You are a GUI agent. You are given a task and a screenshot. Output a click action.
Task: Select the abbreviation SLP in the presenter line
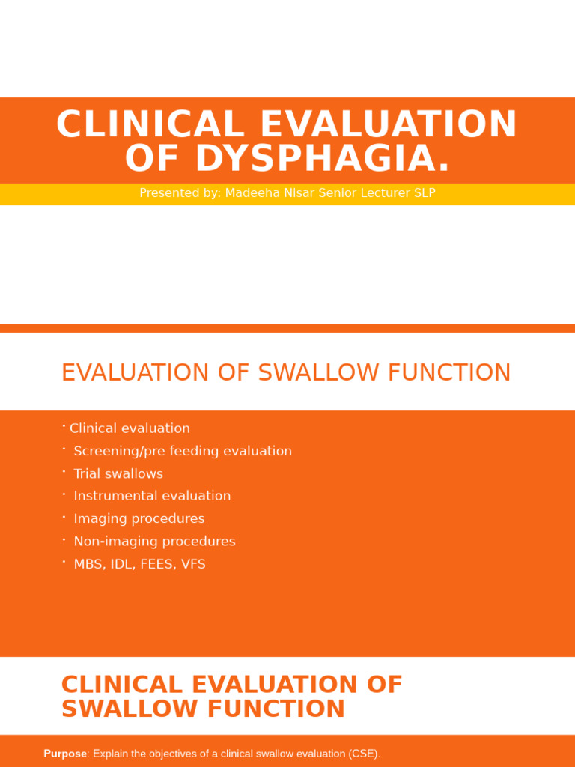click(x=423, y=193)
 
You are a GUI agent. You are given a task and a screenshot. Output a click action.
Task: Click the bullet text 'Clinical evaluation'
click(x=130, y=428)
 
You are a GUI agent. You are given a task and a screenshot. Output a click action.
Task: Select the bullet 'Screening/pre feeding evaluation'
click(x=183, y=451)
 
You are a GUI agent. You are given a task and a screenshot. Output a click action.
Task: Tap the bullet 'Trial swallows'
click(x=118, y=473)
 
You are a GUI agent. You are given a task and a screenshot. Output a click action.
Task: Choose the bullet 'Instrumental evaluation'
click(x=152, y=496)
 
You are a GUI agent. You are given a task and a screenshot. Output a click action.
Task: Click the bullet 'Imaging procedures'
click(x=139, y=518)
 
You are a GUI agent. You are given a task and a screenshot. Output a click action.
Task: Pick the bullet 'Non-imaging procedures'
click(x=154, y=541)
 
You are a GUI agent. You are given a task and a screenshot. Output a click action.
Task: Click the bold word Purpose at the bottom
click(x=65, y=754)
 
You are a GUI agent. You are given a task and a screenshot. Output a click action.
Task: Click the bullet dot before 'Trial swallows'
click(x=64, y=471)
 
